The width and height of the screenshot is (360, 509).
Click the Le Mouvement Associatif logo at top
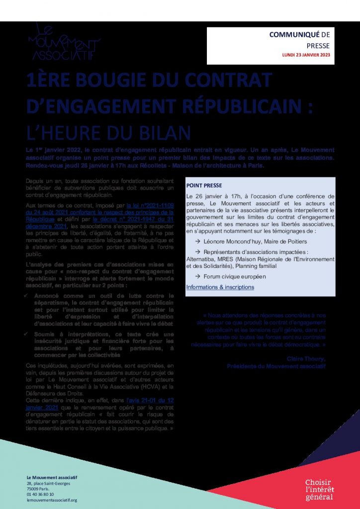tap(64, 43)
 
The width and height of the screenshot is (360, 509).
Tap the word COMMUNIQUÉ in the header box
tap(287, 35)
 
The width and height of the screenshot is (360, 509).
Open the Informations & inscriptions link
tap(220, 287)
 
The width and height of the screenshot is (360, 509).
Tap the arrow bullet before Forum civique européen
tap(198, 276)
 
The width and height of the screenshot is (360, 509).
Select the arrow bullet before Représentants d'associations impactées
tap(198, 252)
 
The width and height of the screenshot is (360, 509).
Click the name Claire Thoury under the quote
tap(306, 359)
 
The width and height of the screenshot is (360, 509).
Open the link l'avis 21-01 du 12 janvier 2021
tap(149, 400)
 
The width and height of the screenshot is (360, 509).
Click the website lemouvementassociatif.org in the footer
tap(52, 500)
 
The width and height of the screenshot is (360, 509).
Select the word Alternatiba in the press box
tap(203, 259)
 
